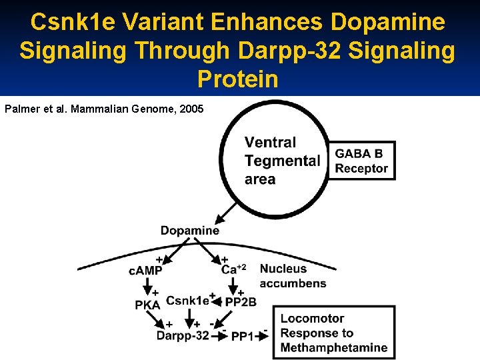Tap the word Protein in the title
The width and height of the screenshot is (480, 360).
click(238, 79)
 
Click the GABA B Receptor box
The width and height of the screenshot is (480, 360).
click(361, 161)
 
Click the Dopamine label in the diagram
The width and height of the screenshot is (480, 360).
click(189, 231)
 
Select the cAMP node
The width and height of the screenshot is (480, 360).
click(145, 270)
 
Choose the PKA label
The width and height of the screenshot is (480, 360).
click(147, 305)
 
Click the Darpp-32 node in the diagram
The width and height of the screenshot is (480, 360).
click(182, 336)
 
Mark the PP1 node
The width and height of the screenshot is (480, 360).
click(241, 337)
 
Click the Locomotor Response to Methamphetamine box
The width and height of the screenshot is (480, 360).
click(333, 333)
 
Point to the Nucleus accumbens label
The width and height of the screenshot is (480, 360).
click(293, 276)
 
